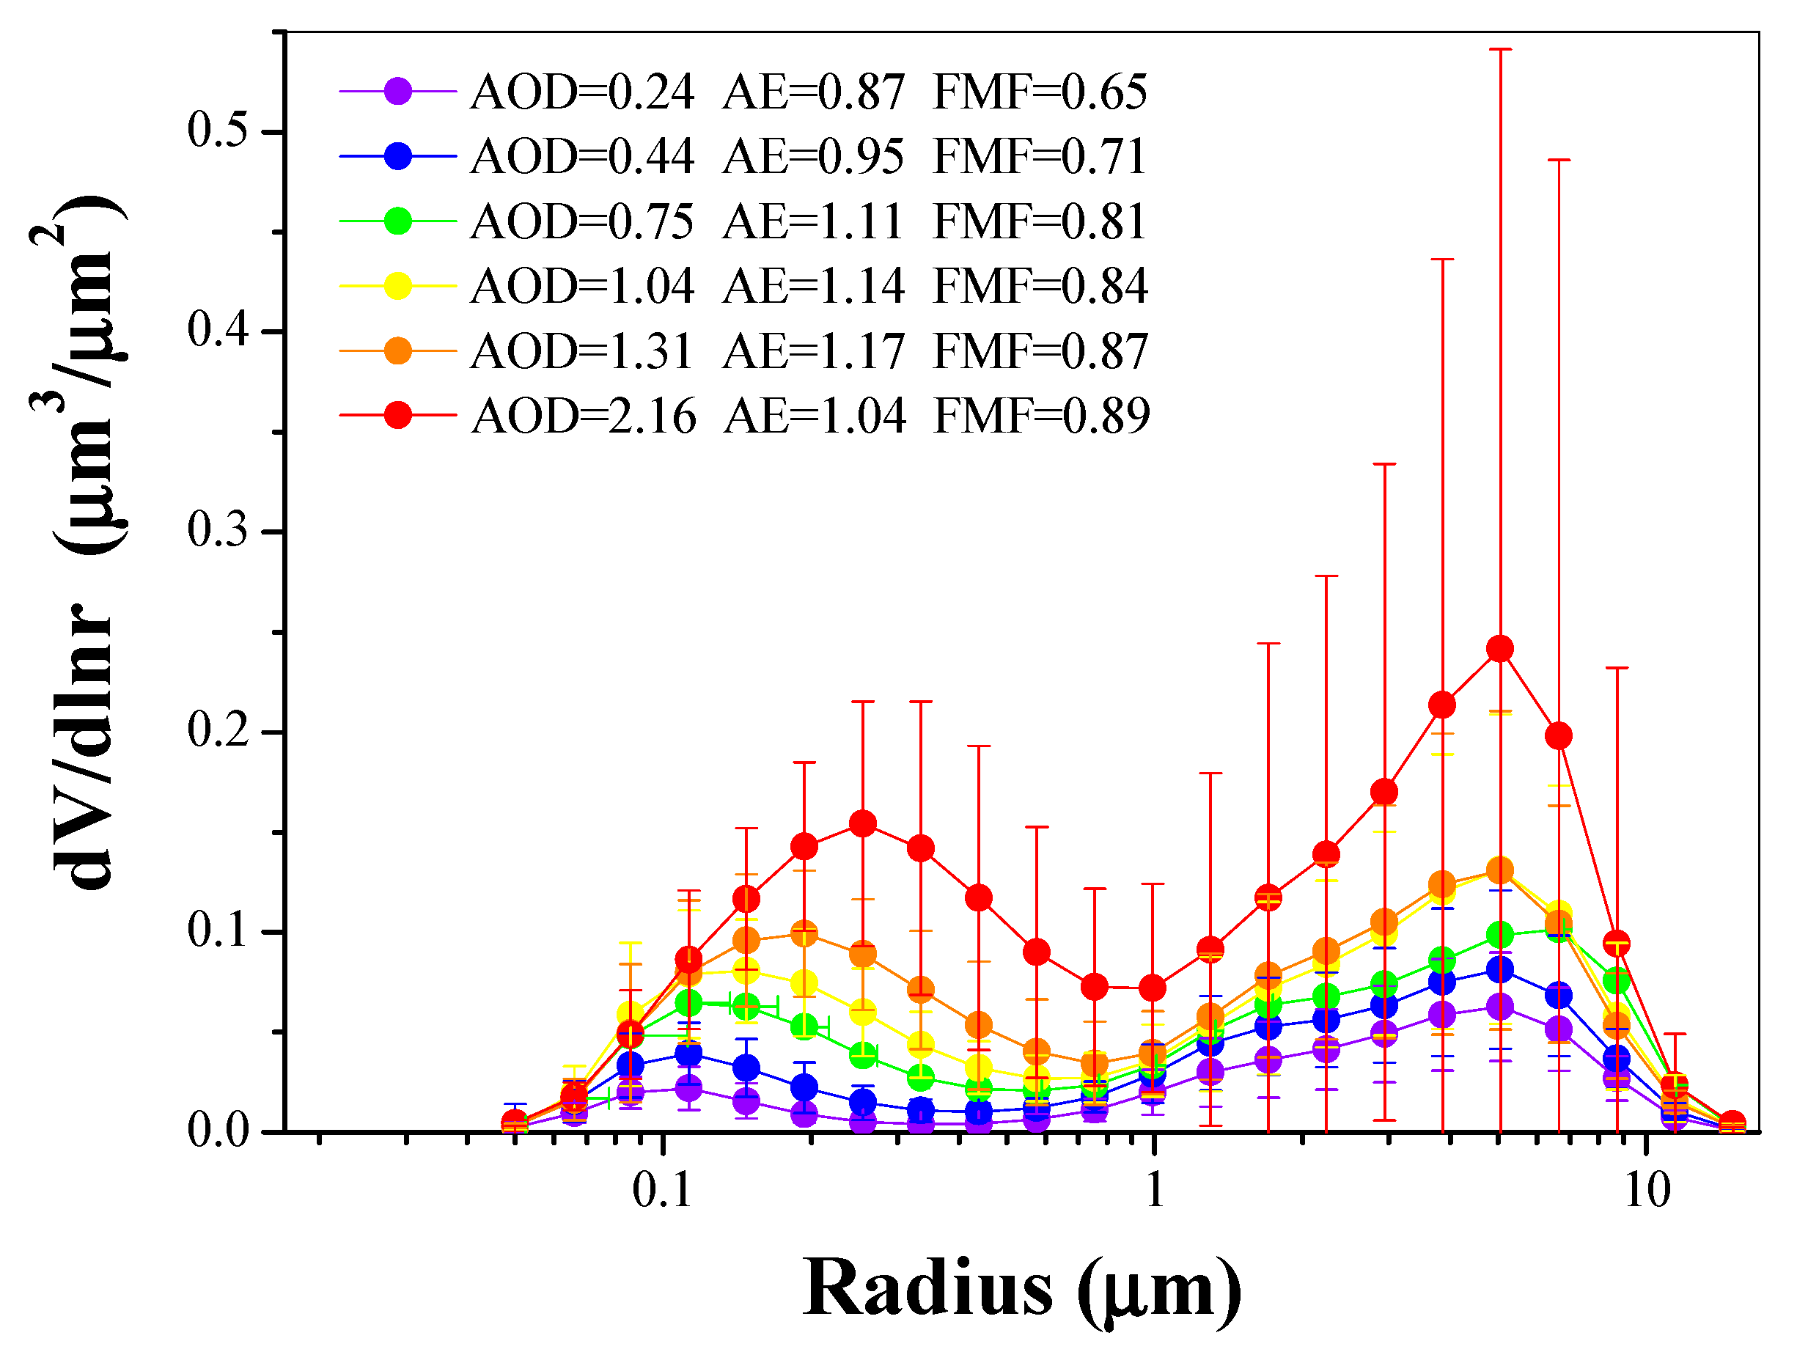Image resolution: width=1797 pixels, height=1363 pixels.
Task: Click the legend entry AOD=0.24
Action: pyautogui.click(x=581, y=92)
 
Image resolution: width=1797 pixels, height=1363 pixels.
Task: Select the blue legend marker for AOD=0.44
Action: pyautogui.click(x=397, y=156)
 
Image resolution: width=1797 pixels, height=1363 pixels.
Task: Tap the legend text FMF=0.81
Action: pyautogui.click(x=1039, y=221)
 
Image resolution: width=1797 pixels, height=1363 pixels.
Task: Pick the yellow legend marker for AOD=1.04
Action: pyautogui.click(x=397, y=286)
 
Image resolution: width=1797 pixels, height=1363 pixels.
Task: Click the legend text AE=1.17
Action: pyautogui.click(x=812, y=351)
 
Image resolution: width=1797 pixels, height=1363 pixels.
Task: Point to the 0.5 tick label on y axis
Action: pyautogui.click(x=218, y=131)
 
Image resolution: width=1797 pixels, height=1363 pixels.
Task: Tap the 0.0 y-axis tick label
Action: pyautogui.click(x=218, y=1131)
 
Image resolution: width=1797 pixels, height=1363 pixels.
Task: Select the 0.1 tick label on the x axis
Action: pyautogui.click(x=661, y=1191)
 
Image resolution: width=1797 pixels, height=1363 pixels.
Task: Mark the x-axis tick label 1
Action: pyautogui.click(x=1155, y=1191)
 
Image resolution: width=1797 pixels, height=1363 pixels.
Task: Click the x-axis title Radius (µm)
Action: pyautogui.click(x=1022, y=1289)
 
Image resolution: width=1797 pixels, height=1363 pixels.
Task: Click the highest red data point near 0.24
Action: pyautogui.click(x=1499, y=648)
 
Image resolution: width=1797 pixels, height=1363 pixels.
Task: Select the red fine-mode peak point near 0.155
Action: pyautogui.click(x=862, y=823)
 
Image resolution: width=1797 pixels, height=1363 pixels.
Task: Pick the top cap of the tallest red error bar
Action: pyautogui.click(x=1499, y=50)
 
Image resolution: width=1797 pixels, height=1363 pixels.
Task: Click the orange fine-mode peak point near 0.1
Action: pyautogui.click(x=804, y=933)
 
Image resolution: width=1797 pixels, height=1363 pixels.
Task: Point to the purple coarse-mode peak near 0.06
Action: pyautogui.click(x=1499, y=1007)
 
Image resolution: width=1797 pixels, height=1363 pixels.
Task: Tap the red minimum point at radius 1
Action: pyautogui.click(x=1152, y=988)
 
